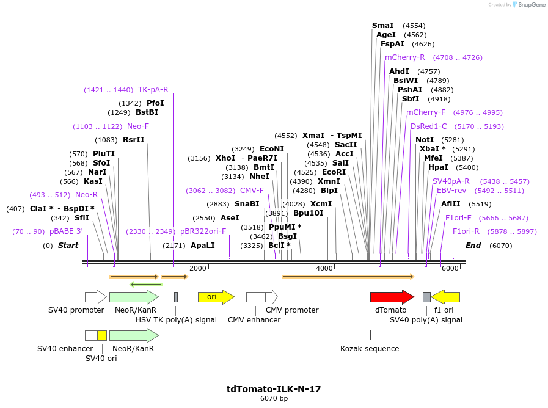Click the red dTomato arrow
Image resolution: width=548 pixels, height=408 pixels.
tap(392, 297)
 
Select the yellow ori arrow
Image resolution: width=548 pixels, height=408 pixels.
tap(215, 297)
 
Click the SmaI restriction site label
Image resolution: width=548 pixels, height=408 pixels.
tap(383, 26)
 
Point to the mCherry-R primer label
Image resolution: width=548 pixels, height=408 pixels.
tap(404, 57)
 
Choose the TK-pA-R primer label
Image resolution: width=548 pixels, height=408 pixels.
tap(153, 90)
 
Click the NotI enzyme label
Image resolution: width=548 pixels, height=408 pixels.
tap(425, 140)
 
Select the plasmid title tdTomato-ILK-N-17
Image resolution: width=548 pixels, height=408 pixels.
tap(274, 389)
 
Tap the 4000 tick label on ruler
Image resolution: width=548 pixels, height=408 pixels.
tap(324, 269)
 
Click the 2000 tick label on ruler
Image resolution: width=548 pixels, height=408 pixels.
tap(198, 269)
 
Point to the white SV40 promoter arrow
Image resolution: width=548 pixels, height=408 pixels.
tap(95, 297)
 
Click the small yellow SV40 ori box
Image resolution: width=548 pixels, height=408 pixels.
tap(102, 335)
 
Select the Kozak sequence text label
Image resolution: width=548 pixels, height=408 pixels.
tap(370, 349)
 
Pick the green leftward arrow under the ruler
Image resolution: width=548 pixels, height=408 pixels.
tap(146, 284)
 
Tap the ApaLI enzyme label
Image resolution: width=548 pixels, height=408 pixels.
tap(203, 246)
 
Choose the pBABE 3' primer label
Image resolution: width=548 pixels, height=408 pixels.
tap(66, 231)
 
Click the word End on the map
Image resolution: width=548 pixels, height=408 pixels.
tap(473, 246)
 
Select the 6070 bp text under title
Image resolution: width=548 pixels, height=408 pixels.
tap(274, 399)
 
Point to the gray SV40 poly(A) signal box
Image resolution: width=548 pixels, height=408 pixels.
tap(426, 297)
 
